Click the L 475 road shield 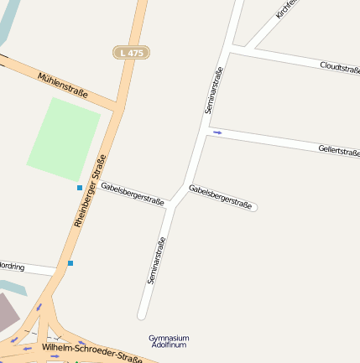131,52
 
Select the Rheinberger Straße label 89,191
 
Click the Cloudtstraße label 340,68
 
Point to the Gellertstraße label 339,151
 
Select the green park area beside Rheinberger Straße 64,138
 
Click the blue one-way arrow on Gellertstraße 217,132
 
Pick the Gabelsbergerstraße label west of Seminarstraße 132,193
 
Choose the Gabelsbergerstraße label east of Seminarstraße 220,198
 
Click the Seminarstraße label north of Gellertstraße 214,90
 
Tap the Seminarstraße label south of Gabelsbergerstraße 156,261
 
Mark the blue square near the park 80,187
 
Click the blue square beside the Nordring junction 70,263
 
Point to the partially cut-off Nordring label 13,267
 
